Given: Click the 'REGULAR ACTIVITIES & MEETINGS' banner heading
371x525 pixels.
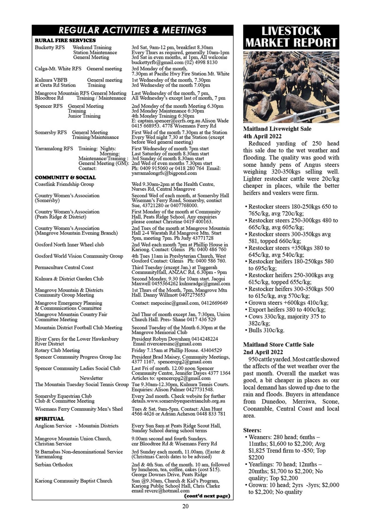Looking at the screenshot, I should tap(132, 30).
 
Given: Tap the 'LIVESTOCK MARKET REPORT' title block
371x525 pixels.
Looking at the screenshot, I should tap(291, 37).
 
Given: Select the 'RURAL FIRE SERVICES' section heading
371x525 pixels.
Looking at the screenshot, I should tap(65, 40).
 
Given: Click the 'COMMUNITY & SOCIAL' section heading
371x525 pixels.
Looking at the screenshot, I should tap(65, 177).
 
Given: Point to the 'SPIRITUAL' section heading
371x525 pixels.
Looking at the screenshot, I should tap(49, 419).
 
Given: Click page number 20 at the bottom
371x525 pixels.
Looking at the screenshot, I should tap(185, 506).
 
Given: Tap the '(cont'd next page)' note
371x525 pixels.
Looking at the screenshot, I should tap(207, 496).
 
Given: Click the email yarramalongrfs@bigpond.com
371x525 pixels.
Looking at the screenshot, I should tap(164, 173).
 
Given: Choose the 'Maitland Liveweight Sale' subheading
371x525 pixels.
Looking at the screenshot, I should tap(277, 129).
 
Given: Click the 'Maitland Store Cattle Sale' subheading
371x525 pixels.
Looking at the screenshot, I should tap(278, 345).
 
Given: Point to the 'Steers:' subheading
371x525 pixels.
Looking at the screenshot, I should tap(252, 430).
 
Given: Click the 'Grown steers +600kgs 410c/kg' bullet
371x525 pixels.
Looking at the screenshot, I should tap(288, 303).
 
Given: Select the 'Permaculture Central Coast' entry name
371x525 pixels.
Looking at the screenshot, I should tap(64, 267).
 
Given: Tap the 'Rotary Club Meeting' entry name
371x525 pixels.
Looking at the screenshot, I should tap(57, 350).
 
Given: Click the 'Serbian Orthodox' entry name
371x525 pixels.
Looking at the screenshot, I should tap(54, 465).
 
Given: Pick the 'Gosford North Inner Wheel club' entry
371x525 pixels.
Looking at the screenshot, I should tap(69, 245).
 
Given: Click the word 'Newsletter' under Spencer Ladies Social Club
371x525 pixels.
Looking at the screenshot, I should tap(91, 378).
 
